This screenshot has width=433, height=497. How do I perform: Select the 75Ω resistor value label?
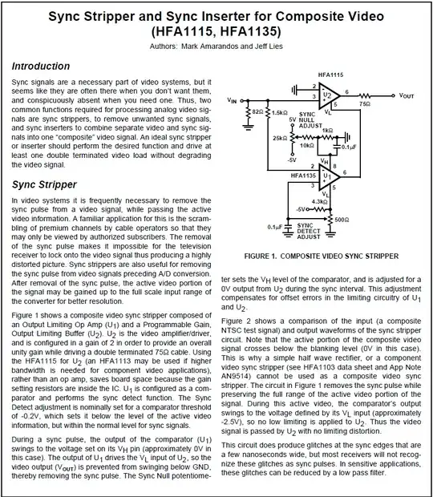point(365,103)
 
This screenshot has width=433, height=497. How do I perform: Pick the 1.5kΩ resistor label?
point(279,113)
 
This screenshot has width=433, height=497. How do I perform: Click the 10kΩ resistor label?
point(307,146)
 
